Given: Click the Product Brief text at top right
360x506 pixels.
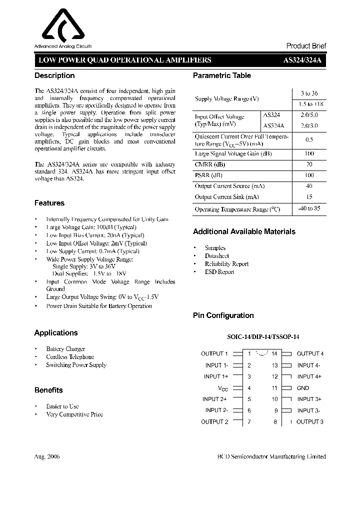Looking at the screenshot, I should point(306,45).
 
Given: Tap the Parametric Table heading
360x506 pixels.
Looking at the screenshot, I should point(222,75).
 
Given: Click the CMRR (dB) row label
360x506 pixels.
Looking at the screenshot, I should point(210,164).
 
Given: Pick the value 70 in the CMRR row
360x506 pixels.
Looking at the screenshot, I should point(309,164).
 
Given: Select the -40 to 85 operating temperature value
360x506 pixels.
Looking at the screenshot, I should point(309,209).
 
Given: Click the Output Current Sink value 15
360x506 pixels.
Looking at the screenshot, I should point(309,197).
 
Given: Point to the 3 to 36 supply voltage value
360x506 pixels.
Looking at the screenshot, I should point(309,93).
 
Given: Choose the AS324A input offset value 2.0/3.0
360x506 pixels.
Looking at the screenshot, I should point(309,126).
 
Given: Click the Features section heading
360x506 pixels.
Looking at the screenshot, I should point(49,203).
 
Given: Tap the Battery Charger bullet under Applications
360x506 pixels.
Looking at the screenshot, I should point(65,348).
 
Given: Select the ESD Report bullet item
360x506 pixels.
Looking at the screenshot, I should point(219,272).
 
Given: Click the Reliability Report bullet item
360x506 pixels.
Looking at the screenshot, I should point(226,264).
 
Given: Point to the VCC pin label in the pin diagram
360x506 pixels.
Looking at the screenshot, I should point(223,388).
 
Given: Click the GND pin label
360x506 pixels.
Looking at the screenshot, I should point(303,388).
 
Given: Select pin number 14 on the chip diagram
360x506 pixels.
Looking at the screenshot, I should point(274,353).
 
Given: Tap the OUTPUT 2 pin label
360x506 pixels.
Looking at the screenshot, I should point(214,421).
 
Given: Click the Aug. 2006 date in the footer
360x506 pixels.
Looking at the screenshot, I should point(47,456).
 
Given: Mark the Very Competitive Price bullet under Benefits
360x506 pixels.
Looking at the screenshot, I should point(74,414).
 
